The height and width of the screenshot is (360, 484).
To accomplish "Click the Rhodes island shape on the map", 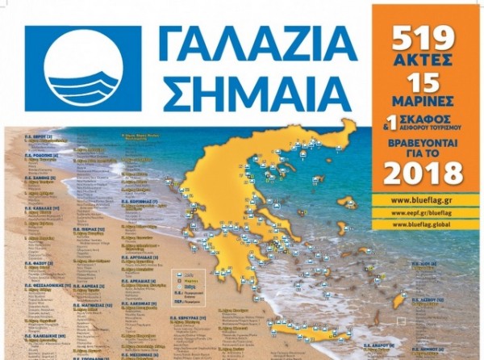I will [x=398, y=301].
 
